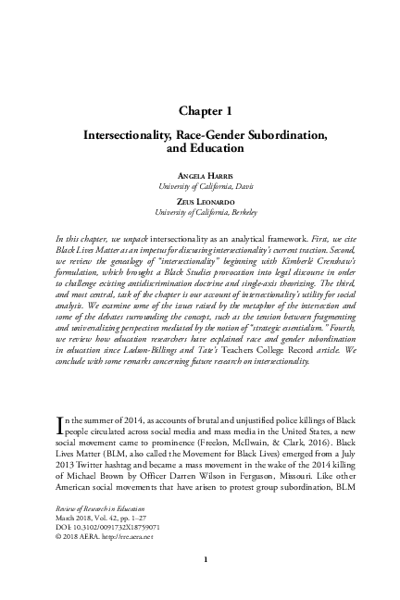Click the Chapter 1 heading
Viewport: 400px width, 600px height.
point(199,111)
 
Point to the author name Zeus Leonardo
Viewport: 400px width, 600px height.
point(199,201)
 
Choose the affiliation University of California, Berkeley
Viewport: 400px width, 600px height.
point(199,212)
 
